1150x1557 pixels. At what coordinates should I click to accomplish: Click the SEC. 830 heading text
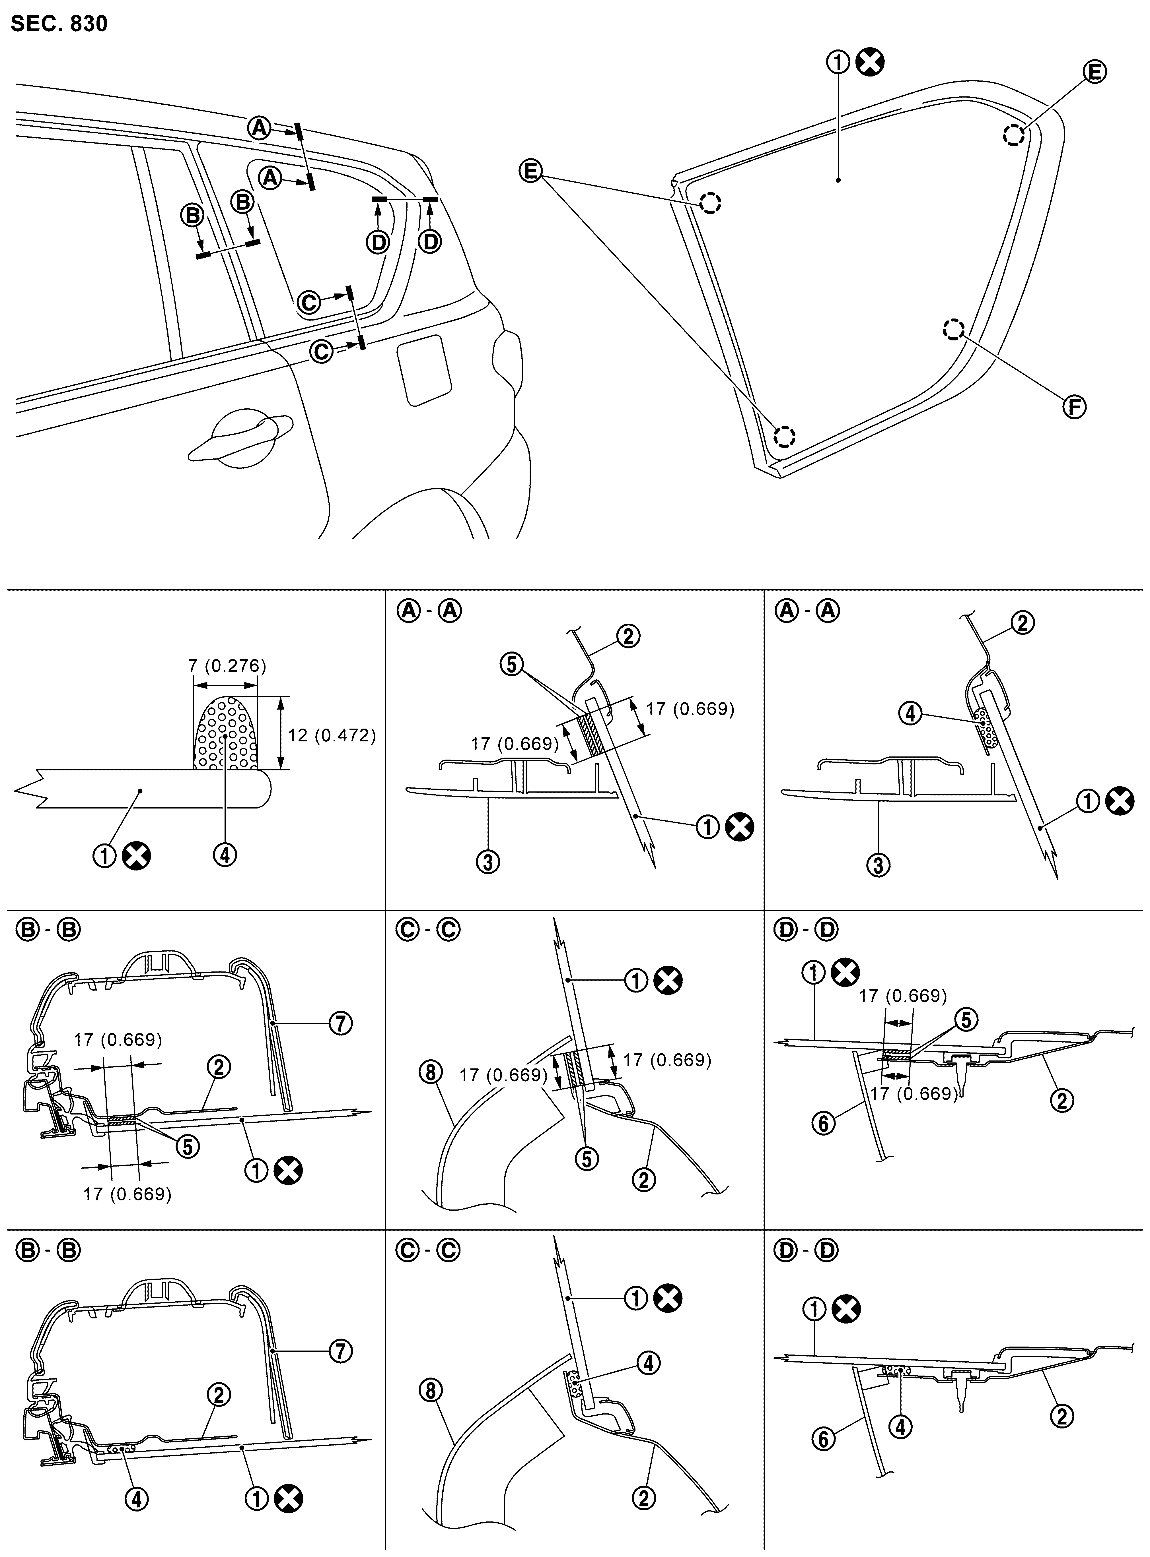[x=59, y=24]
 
